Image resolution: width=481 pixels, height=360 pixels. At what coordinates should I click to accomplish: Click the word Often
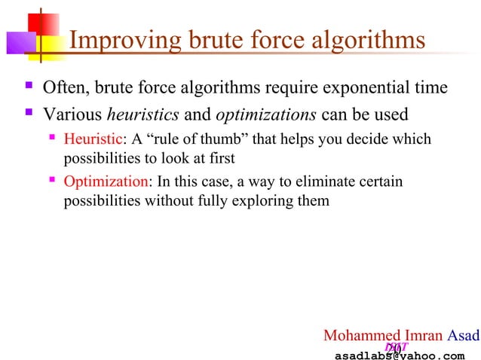tap(63, 88)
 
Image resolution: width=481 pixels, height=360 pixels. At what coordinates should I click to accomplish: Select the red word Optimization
tap(106, 182)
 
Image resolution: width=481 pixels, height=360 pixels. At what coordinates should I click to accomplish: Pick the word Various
tap(72, 115)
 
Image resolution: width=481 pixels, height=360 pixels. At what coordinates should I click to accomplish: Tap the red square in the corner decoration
tap(23, 26)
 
